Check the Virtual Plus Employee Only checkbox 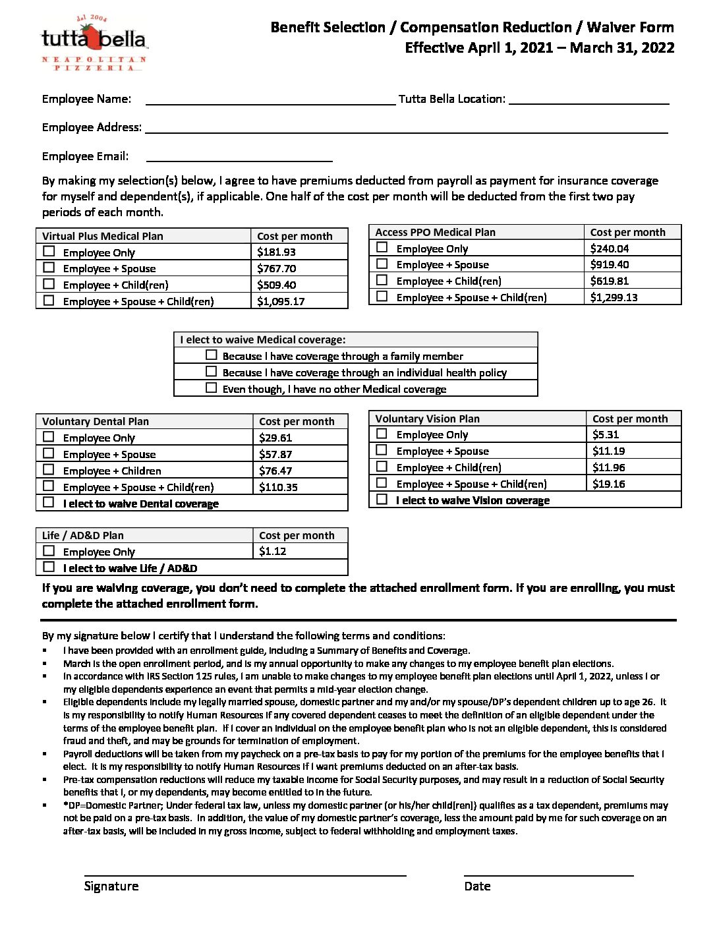(x=49, y=251)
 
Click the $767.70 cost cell (x=277, y=268)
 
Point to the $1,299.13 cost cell (x=614, y=297)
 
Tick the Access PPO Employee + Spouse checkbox (x=382, y=264)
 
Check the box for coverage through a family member (x=212, y=355)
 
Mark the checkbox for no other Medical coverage (x=212, y=388)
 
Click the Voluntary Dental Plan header (x=96, y=421)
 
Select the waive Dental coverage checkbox (x=49, y=502)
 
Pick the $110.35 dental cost (x=278, y=487)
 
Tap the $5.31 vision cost (x=606, y=434)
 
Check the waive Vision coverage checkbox (x=382, y=499)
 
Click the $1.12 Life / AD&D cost (x=273, y=551)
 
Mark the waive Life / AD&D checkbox (x=49, y=567)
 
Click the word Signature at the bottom (x=111, y=886)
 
